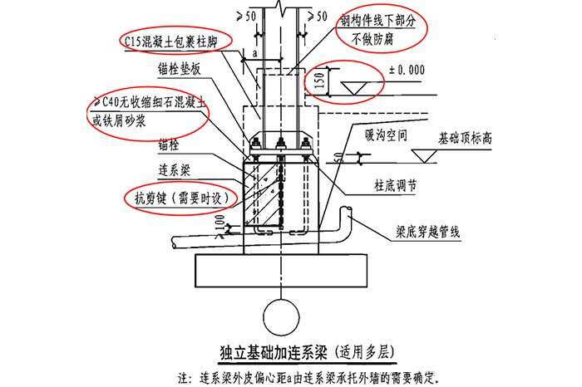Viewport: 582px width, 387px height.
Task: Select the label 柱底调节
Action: pyautogui.click(x=385, y=188)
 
